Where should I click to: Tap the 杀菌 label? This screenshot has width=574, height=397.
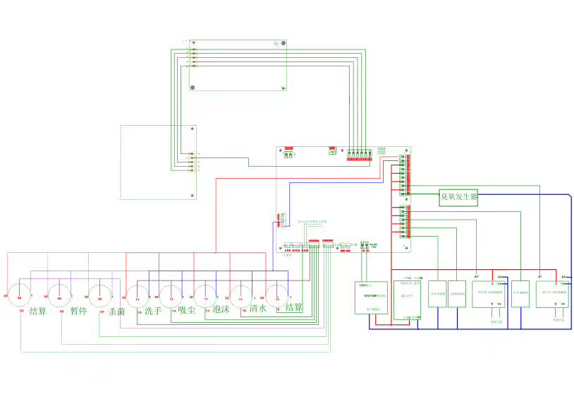[116, 311]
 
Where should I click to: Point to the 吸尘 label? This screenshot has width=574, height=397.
[186, 309]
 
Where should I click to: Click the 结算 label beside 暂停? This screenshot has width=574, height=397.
[38, 311]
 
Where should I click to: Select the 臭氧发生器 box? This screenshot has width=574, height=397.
[458, 197]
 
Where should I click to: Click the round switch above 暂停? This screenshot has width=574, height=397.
[60, 290]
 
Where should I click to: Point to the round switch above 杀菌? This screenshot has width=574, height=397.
[100, 290]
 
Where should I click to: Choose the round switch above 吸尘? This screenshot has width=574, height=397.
[171, 292]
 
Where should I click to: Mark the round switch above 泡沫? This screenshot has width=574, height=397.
[206, 292]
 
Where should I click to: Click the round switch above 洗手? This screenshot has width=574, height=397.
[137, 292]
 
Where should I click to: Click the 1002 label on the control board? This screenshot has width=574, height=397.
[381, 149]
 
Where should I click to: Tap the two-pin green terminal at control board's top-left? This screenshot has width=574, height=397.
[288, 155]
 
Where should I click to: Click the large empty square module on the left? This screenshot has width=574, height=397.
[159, 162]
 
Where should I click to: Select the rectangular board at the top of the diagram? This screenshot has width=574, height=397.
[238, 65]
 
